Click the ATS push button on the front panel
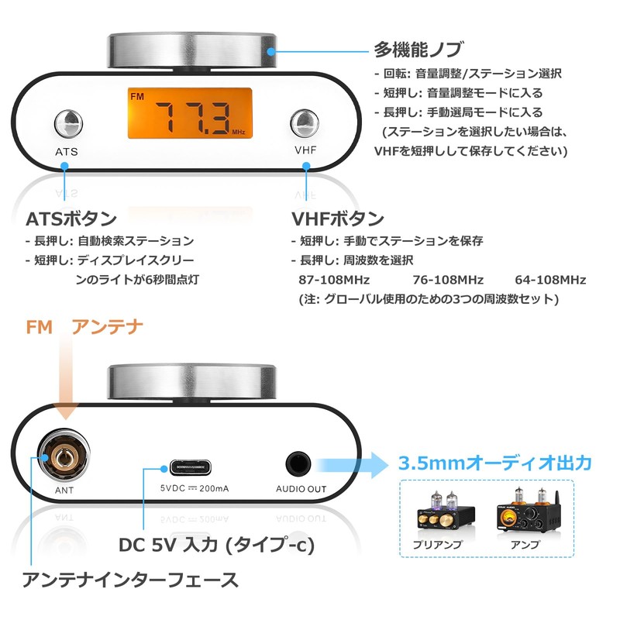pyautogui.click(x=67, y=122)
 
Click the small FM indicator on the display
pyautogui.click(x=138, y=98)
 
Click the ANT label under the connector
pyautogui.click(x=64, y=490)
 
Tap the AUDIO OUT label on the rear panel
pyautogui.click(x=301, y=490)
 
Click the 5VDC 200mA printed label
pyautogui.click(x=194, y=489)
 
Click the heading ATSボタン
pyautogui.click(x=71, y=218)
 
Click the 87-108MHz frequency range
pyautogui.click(x=334, y=280)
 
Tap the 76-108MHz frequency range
pyautogui.click(x=449, y=280)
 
